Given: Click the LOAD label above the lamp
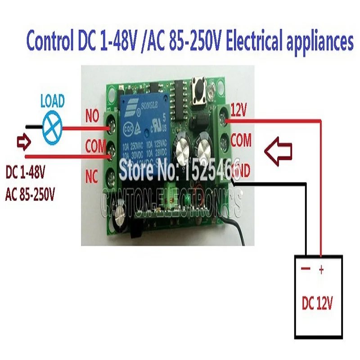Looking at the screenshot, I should coord(53,100).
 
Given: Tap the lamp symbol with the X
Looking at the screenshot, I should coord(53,123).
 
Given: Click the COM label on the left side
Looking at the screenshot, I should coord(95,145).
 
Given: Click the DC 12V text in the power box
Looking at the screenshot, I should coord(317,304).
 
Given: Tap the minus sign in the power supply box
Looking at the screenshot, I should coord(305,269).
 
